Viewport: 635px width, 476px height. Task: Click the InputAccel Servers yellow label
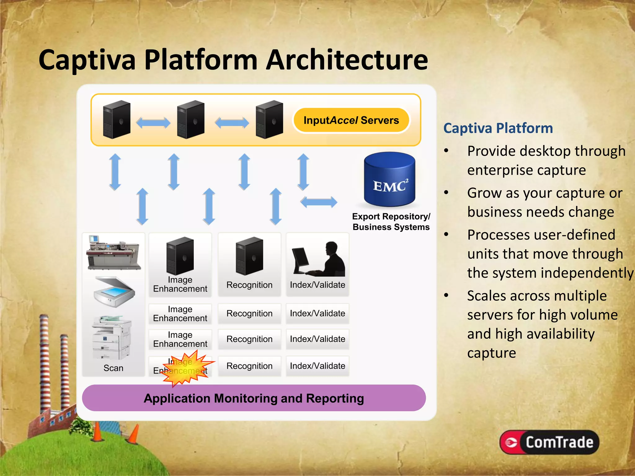[351, 120]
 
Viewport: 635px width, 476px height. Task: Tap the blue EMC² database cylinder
[389, 180]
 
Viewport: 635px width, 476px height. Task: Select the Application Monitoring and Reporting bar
[254, 398]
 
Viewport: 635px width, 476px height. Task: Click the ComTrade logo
[549, 442]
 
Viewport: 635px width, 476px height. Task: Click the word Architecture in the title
[347, 60]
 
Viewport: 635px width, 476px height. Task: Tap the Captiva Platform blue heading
[498, 128]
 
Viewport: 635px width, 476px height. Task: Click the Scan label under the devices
[113, 368]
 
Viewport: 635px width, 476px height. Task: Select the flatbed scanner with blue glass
[114, 292]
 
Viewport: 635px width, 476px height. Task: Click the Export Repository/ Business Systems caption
[391, 222]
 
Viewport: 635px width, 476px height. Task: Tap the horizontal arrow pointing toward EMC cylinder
[318, 202]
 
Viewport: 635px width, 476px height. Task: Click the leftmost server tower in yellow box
[117, 119]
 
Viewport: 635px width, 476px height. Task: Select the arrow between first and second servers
[153, 123]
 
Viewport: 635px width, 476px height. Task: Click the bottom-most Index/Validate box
[317, 366]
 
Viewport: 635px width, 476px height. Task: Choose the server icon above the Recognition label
[249, 256]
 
